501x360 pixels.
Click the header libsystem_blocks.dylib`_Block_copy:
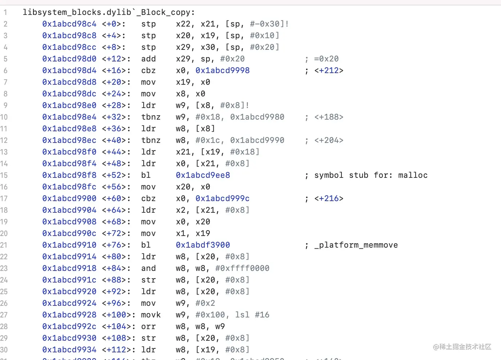(x=109, y=12)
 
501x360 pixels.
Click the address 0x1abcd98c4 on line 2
(x=69, y=24)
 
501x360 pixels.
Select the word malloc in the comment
(x=413, y=175)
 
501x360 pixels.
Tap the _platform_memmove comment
(x=356, y=245)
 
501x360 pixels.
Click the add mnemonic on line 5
(x=148, y=59)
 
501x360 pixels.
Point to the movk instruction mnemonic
(x=151, y=315)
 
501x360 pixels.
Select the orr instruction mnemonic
(x=148, y=327)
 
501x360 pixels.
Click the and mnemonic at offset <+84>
(x=148, y=268)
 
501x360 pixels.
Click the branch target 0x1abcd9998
(x=223, y=71)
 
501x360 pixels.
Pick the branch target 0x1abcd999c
(x=223, y=199)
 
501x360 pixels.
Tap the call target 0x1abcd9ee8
(x=203, y=175)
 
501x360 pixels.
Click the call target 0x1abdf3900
(x=203, y=245)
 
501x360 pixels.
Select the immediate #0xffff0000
(x=242, y=268)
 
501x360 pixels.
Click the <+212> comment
(x=329, y=71)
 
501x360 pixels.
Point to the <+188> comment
(x=329, y=117)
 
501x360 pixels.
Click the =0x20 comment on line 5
(x=326, y=59)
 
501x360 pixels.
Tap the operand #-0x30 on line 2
(x=265, y=24)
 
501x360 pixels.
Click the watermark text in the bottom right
(x=462, y=347)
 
